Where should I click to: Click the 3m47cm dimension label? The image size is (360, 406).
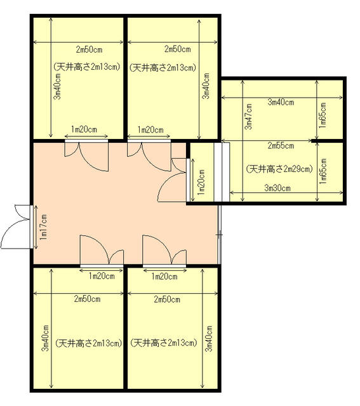point(249,117)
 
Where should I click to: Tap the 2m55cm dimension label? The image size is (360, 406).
point(281,146)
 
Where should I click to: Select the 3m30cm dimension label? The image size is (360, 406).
point(277,188)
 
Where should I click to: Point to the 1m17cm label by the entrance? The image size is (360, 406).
point(43,227)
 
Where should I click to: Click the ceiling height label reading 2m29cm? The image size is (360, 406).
point(279,169)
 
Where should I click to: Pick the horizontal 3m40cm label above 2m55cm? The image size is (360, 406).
point(281,102)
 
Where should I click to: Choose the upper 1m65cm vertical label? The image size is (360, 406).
point(323,115)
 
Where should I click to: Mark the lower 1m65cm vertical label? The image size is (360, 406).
point(323,171)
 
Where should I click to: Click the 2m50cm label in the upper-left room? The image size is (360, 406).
point(89,49)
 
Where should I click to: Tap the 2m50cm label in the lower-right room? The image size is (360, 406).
point(167,299)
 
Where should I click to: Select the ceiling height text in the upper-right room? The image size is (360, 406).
point(163,68)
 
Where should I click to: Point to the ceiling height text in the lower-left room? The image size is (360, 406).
point(88,343)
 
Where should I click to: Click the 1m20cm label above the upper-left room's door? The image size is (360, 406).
point(84,129)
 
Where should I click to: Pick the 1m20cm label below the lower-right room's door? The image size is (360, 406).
point(164,277)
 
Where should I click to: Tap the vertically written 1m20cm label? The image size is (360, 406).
point(201,182)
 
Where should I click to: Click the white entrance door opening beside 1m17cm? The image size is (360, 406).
point(31,227)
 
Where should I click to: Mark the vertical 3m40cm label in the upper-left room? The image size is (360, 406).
point(58,86)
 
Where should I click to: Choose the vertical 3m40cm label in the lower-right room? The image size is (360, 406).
point(209,338)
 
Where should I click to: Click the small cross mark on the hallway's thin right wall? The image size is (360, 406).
point(220,235)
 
